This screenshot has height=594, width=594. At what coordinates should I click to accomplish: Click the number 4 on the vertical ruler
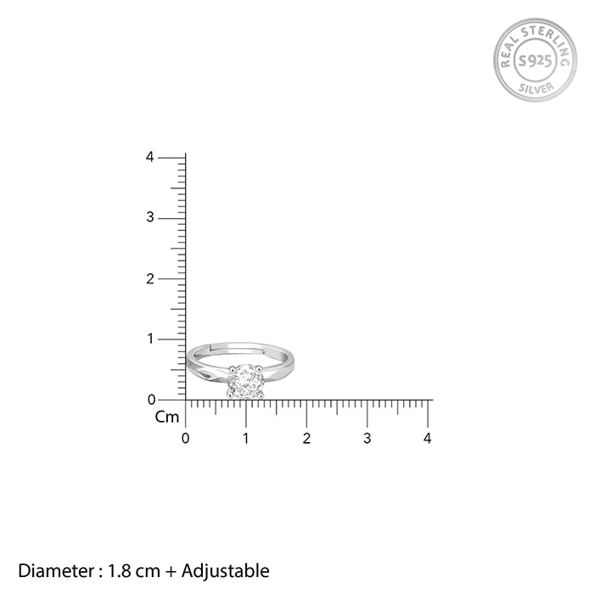click(x=150, y=157)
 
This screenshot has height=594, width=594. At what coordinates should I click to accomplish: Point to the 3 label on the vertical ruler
click(x=150, y=217)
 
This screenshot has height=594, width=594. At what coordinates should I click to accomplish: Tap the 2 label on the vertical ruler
click(x=150, y=279)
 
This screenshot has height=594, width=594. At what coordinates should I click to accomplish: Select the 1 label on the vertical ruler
click(x=151, y=339)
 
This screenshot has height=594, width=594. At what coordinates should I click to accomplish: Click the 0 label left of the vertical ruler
click(x=152, y=400)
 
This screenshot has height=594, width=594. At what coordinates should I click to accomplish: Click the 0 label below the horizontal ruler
click(x=185, y=439)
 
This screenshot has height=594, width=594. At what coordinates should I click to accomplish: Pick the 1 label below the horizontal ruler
click(x=246, y=439)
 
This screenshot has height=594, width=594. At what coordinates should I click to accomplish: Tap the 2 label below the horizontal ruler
click(x=307, y=439)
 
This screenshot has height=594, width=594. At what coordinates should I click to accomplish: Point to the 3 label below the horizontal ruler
click(x=367, y=439)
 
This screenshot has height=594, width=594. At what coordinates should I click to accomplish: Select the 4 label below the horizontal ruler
click(x=428, y=439)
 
